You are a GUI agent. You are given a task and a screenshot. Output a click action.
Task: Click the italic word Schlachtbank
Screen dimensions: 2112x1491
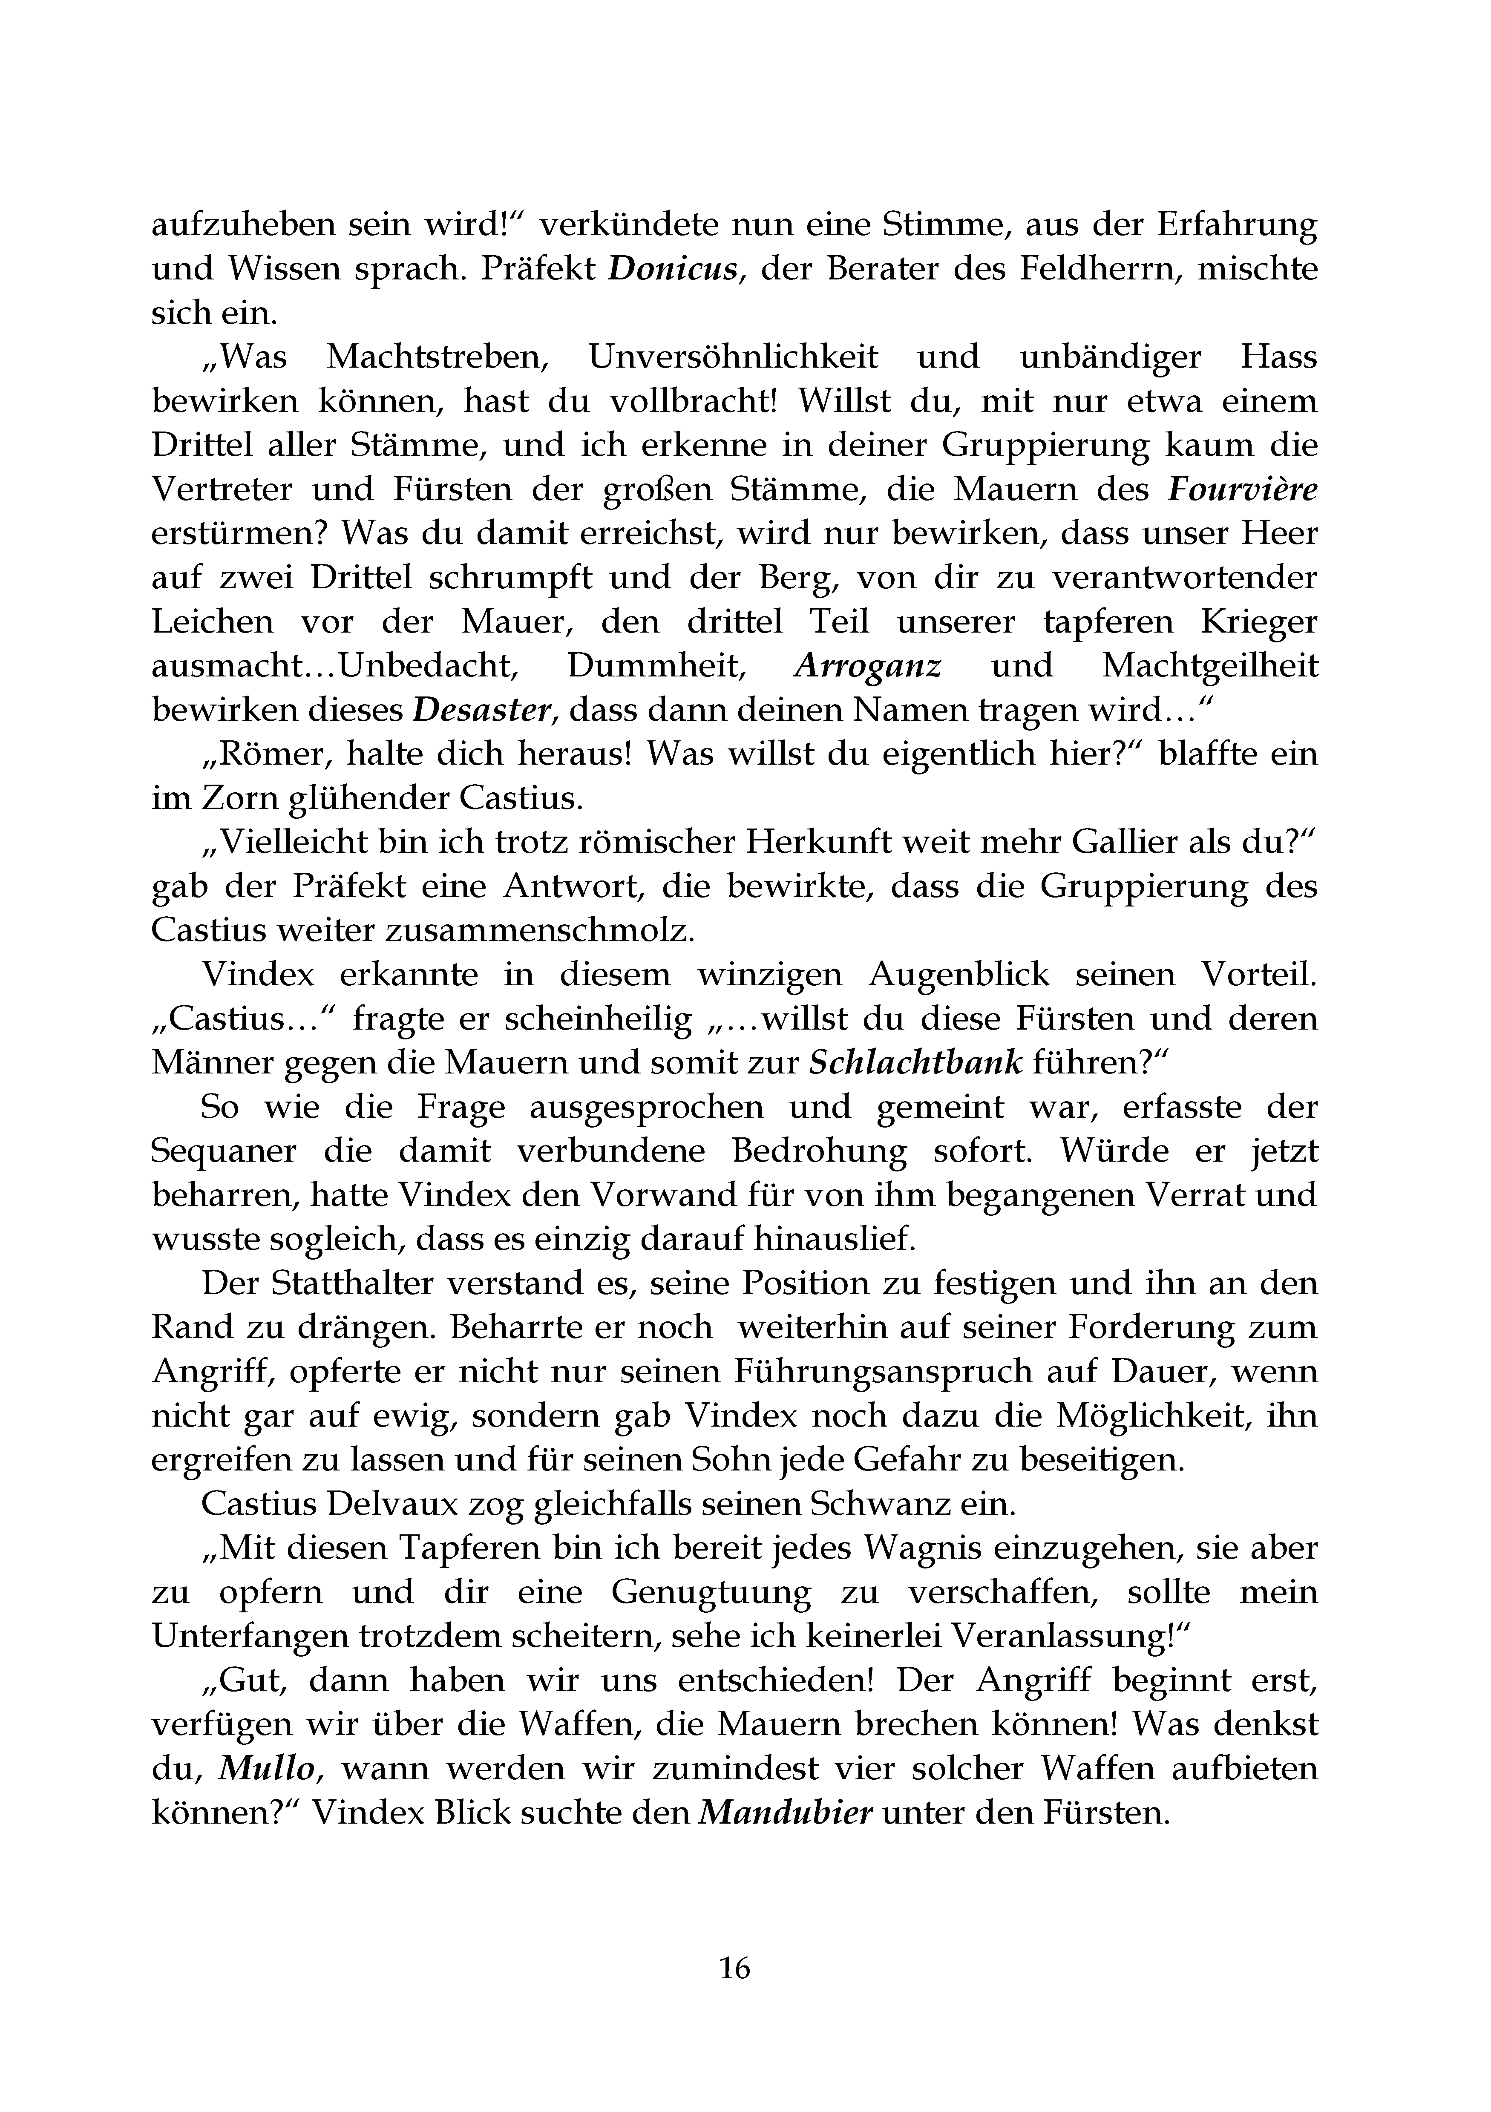pos(916,1063)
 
